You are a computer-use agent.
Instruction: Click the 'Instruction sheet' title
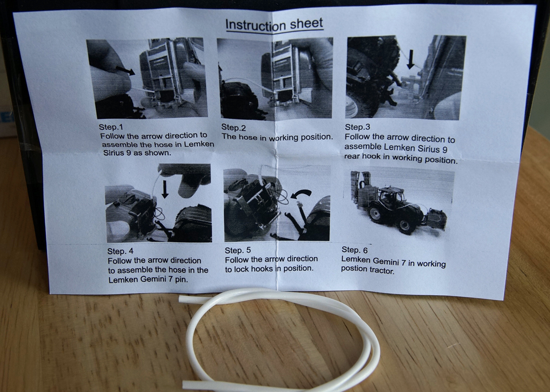(274, 24)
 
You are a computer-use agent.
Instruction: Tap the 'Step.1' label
(111, 127)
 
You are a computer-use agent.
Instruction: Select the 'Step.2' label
(233, 127)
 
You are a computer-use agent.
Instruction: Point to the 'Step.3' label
(358, 127)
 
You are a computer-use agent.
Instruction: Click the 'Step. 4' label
(121, 251)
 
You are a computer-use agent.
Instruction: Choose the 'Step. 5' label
(238, 250)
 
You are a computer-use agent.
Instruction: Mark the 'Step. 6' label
(355, 250)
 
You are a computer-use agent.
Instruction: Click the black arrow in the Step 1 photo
(125, 70)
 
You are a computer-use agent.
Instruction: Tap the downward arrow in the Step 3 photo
(411, 59)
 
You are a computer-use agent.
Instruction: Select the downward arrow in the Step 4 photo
(165, 189)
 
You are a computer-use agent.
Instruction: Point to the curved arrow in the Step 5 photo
(302, 194)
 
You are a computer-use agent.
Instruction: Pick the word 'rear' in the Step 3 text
(352, 156)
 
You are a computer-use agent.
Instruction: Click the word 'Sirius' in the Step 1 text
(115, 153)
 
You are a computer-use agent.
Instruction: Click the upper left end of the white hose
(181, 299)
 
